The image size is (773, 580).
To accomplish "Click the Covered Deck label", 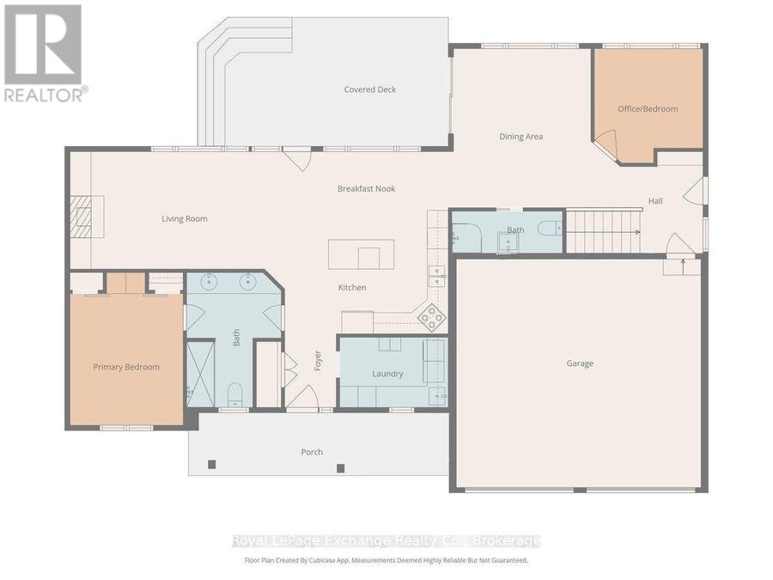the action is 369,89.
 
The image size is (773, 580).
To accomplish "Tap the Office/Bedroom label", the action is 648,109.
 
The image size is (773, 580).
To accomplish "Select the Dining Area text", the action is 521,137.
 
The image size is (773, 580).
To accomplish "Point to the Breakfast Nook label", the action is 366,189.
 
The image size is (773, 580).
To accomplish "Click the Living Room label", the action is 185,219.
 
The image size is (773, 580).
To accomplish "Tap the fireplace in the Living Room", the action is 87,217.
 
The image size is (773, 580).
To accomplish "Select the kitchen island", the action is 362,254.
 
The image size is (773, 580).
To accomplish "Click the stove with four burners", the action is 431,316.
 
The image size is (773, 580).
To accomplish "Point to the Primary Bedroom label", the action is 127,367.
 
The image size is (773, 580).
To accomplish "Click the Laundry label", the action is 387,374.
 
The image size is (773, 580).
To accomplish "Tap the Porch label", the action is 312,452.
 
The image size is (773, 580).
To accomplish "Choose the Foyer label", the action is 318,361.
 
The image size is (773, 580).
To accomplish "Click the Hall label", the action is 655,201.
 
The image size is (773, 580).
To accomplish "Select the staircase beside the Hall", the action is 604,231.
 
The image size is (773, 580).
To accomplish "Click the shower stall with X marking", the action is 201,374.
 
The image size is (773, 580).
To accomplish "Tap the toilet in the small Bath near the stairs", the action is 550,229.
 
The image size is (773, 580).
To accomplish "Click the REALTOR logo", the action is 45,52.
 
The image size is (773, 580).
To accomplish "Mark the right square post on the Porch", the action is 340,468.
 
